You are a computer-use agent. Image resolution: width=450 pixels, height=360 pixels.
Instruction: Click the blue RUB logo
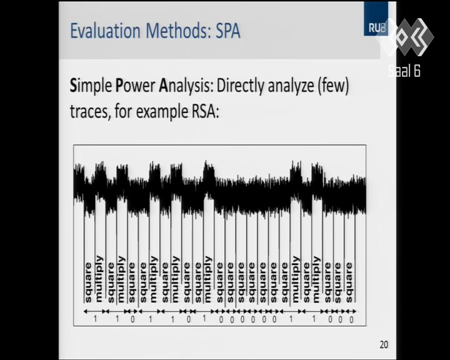pos(376,19)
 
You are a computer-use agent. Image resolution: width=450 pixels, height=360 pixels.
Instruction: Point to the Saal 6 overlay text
pos(404,71)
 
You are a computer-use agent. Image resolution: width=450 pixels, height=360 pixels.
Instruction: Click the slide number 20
pos(384,344)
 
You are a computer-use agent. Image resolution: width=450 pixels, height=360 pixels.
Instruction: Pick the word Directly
pos(241,86)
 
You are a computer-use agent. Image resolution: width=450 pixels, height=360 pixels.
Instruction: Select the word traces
pos(90,111)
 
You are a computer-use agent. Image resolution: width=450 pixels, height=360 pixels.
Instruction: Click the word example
pos(162,112)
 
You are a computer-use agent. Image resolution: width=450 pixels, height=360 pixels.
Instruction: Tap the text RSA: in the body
pos(205,111)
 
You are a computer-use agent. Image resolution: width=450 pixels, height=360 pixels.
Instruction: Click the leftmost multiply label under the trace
pos(99,279)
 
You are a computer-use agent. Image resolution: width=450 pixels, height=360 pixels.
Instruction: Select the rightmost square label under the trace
pos(349,282)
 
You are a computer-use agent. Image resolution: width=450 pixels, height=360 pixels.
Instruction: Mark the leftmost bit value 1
pos(95,319)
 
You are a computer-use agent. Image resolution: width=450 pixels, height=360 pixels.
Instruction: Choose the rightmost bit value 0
pos(351,319)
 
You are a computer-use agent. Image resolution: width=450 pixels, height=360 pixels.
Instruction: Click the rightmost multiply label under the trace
pos(316,279)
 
